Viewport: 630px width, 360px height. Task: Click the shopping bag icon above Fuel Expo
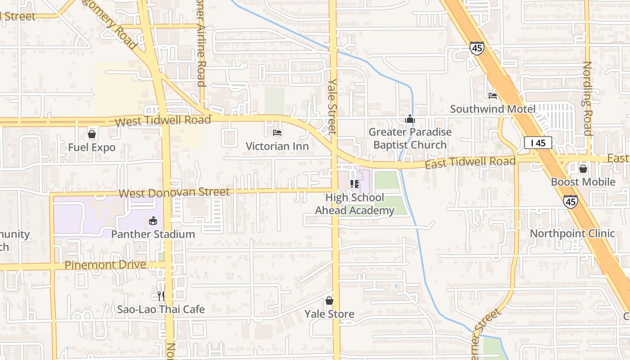pyautogui.click(x=92, y=134)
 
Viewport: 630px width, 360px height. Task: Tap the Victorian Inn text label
pyautogui.click(x=277, y=146)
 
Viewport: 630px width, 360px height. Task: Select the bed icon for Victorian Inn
pyautogui.click(x=277, y=133)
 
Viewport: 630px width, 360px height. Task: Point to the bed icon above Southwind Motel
pyautogui.click(x=493, y=95)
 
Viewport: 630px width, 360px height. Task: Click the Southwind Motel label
pyautogui.click(x=493, y=109)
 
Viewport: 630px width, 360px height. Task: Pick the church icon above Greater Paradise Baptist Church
pyautogui.click(x=409, y=119)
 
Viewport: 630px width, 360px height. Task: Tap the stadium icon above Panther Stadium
pyautogui.click(x=153, y=221)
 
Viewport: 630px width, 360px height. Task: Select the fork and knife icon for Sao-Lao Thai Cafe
pyautogui.click(x=161, y=296)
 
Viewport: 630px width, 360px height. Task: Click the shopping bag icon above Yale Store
pyautogui.click(x=329, y=300)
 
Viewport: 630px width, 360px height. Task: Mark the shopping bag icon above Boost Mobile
pyautogui.click(x=583, y=169)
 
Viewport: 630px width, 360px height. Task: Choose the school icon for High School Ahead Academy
pyautogui.click(x=354, y=184)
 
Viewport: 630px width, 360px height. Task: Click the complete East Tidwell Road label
pyautogui.click(x=470, y=162)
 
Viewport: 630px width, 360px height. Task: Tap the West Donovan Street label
pyautogui.click(x=174, y=193)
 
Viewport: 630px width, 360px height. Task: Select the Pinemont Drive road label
pyautogui.click(x=105, y=265)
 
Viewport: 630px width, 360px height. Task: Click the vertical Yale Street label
pyautogui.click(x=332, y=107)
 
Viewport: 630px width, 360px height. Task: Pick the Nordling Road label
pyautogui.click(x=587, y=98)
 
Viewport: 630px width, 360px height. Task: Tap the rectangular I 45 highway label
pyautogui.click(x=538, y=143)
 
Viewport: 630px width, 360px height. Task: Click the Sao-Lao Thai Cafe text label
pyautogui.click(x=161, y=310)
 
